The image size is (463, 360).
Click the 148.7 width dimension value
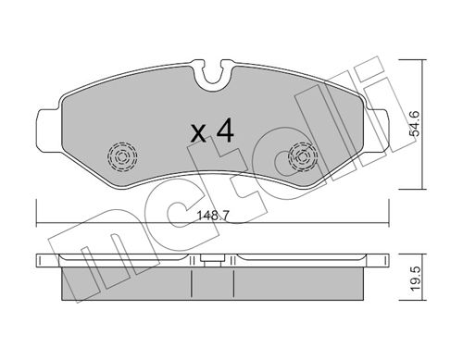(213, 216)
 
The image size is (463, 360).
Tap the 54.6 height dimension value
(414, 123)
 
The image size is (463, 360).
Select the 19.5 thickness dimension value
(415, 278)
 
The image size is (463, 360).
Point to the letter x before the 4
(198, 133)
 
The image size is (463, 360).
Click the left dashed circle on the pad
(122, 156)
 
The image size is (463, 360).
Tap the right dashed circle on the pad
(303, 156)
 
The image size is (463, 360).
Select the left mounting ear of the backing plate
(48, 130)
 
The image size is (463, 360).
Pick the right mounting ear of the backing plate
(377, 130)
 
